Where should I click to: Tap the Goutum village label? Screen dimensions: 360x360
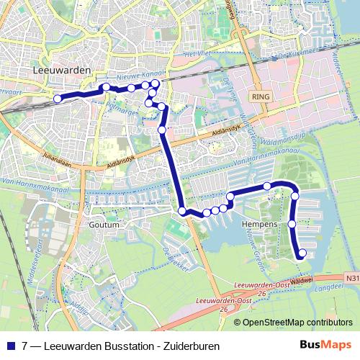click(102, 224)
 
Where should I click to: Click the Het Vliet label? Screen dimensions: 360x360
click(199, 55)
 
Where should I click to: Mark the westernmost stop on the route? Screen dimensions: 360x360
click(58, 99)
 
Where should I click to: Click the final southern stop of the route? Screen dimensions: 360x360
click(302, 253)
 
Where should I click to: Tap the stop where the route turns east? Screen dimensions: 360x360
click(182, 211)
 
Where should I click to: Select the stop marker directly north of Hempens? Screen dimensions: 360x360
click(267, 186)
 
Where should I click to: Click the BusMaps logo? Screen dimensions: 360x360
click(326, 345)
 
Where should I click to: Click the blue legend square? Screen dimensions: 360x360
click(10, 345)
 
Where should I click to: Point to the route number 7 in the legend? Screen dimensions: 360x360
click(25, 345)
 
